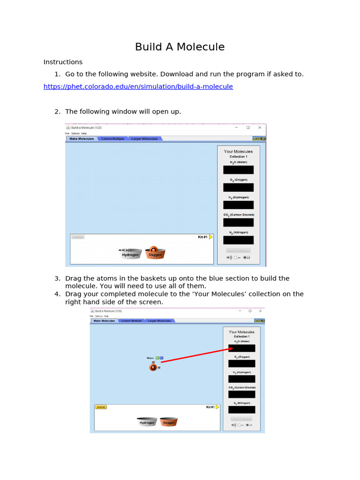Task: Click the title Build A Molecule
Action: click(x=180, y=47)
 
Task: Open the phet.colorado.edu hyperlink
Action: click(x=138, y=87)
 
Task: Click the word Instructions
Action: click(x=63, y=62)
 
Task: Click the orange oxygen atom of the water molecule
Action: click(x=153, y=367)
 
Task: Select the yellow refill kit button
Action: click(x=101, y=407)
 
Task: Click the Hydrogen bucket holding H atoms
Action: click(x=131, y=254)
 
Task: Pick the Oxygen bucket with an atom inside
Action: click(x=155, y=253)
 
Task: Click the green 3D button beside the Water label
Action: click(x=157, y=358)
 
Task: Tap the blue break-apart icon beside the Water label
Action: click(x=162, y=358)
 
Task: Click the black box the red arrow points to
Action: click(x=242, y=348)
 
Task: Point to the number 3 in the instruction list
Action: click(x=57, y=278)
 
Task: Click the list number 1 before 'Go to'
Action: click(x=57, y=74)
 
